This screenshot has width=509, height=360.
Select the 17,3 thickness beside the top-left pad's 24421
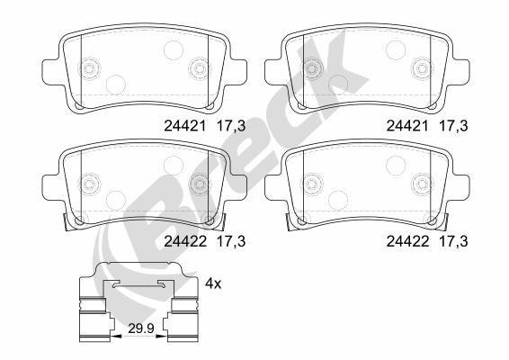point(231,127)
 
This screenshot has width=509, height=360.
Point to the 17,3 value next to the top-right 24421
point(451,127)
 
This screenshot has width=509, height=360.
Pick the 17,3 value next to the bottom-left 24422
point(231,241)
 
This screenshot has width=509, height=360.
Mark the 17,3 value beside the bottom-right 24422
point(451,241)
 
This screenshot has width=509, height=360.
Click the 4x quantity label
point(213,283)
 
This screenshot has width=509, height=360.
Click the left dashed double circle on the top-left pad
point(90,68)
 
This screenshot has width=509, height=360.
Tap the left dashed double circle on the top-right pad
point(312,68)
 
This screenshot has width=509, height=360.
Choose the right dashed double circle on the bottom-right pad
point(421,183)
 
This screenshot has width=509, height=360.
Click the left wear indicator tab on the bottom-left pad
point(67,221)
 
